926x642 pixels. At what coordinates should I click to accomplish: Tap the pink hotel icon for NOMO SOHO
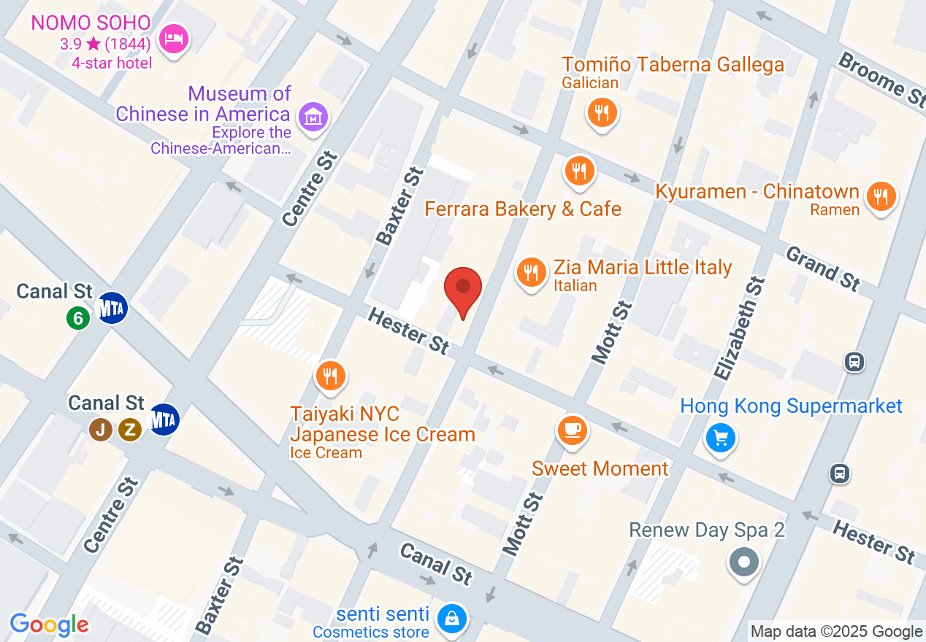click(x=174, y=36)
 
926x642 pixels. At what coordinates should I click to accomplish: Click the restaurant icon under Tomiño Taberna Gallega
click(x=602, y=112)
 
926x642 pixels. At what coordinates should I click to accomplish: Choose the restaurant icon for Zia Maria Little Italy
click(x=532, y=271)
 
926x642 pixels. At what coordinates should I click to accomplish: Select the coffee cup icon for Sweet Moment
click(x=573, y=430)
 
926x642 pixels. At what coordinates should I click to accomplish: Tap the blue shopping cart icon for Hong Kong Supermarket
click(x=721, y=438)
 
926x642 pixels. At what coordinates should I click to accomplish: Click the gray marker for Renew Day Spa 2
click(x=744, y=562)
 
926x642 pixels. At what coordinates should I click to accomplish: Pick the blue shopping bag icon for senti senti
click(x=453, y=619)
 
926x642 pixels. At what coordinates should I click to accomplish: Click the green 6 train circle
click(x=78, y=317)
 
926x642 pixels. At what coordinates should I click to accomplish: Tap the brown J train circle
click(x=102, y=429)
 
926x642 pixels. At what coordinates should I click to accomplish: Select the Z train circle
click(x=130, y=429)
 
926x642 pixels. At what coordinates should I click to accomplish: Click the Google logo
click(x=49, y=625)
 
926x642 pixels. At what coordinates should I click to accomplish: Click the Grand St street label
click(x=823, y=268)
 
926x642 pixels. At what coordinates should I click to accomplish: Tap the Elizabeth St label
click(x=739, y=328)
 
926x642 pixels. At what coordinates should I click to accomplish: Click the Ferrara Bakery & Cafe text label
click(x=523, y=209)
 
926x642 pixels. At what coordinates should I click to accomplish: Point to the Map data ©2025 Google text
click(x=837, y=632)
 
